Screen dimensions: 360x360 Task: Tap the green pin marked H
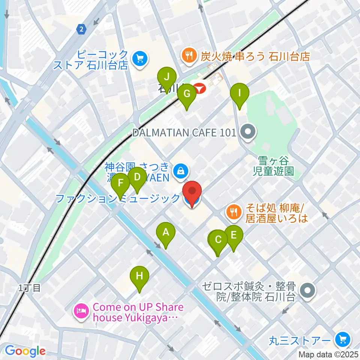pos(139,276)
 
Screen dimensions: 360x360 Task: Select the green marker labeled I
pos(239,93)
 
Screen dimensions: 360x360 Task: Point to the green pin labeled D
pos(137,176)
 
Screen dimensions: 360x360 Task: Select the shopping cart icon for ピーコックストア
pos(140,58)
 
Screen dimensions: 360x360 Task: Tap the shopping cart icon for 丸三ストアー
pos(342,340)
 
